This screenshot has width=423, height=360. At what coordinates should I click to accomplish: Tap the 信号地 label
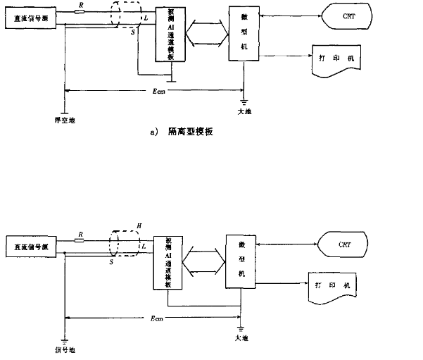(65, 347)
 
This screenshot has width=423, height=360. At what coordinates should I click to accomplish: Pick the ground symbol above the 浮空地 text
(64, 110)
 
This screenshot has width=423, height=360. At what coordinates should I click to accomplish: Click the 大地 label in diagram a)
(244, 111)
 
